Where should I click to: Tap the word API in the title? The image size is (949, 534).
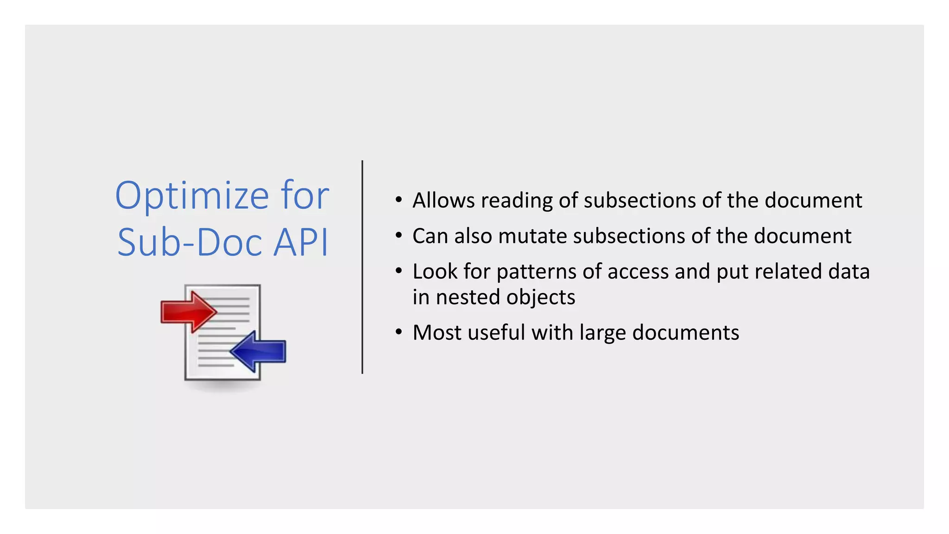click(301, 242)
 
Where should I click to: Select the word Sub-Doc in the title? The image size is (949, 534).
click(190, 242)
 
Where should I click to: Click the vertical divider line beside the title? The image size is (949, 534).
click(362, 267)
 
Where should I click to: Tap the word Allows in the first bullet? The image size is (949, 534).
click(443, 200)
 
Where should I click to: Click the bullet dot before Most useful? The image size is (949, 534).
click(399, 332)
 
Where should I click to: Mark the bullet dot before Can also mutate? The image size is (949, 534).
click(399, 235)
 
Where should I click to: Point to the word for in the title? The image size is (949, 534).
click(305, 196)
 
